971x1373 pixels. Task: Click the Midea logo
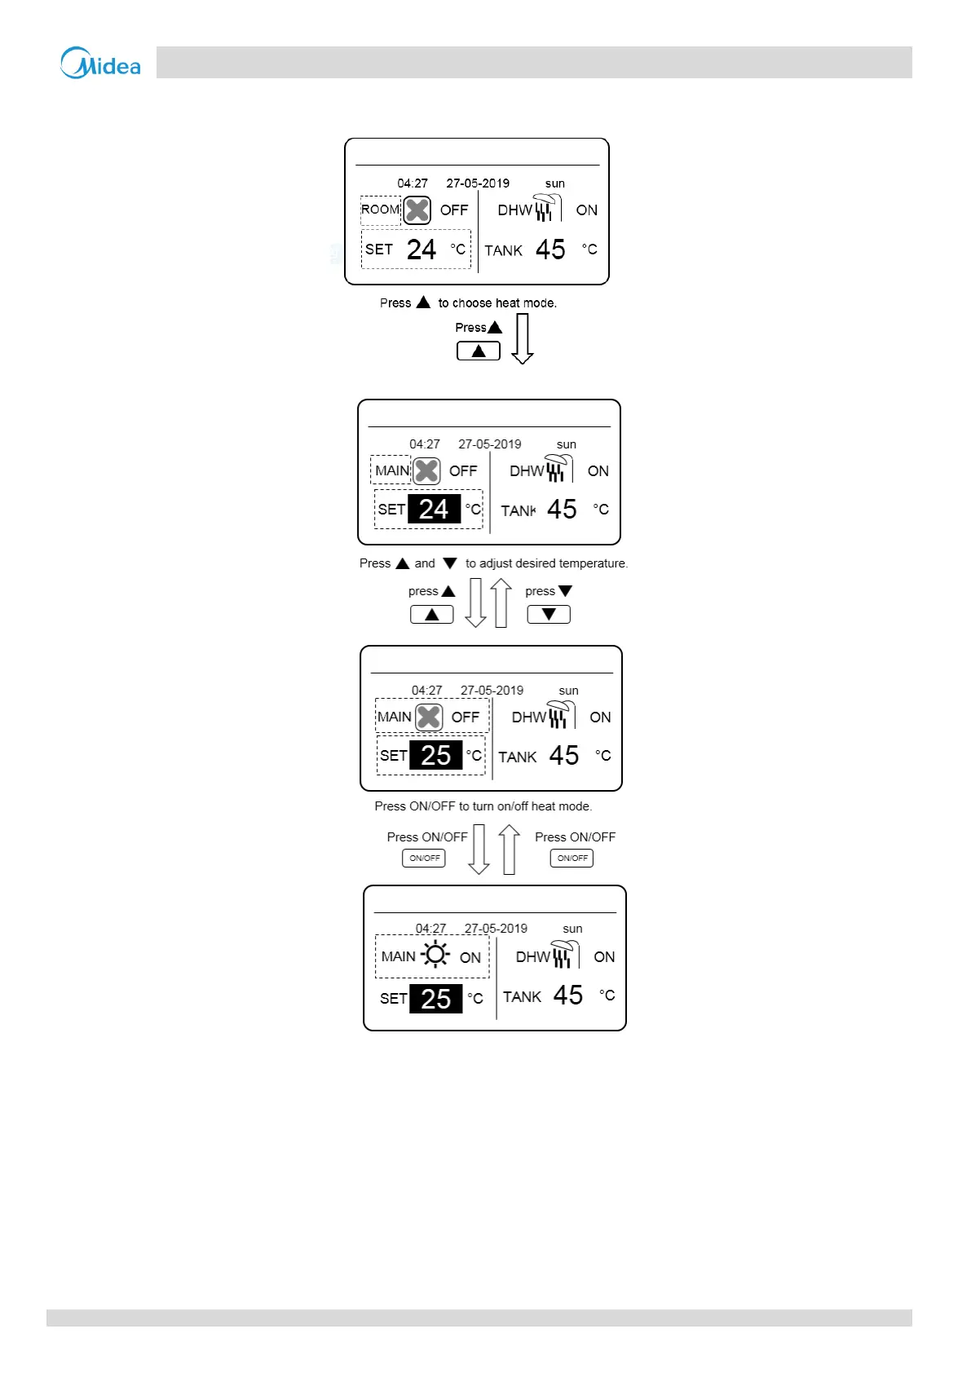(100, 63)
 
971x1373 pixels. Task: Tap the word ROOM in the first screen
(380, 210)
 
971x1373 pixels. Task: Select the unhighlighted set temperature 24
(422, 249)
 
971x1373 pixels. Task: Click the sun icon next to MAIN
(435, 955)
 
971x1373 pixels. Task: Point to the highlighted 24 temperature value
(434, 509)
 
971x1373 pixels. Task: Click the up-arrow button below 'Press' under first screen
(479, 351)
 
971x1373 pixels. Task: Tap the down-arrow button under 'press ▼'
(549, 615)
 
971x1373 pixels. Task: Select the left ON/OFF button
(424, 858)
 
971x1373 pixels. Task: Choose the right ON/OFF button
(572, 858)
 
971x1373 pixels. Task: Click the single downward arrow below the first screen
(523, 338)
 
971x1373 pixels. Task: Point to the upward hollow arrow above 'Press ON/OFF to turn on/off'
(501, 603)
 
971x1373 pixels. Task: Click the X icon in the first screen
(417, 210)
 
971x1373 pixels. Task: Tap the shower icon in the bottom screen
(563, 954)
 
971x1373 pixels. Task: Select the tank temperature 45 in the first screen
(550, 249)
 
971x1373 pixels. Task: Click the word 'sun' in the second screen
(567, 444)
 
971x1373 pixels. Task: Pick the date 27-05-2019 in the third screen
(492, 691)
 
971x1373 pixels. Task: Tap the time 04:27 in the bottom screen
(430, 929)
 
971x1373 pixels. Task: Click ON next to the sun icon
(470, 958)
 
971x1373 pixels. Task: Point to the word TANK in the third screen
(518, 757)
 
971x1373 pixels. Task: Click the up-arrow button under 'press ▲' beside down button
(432, 615)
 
